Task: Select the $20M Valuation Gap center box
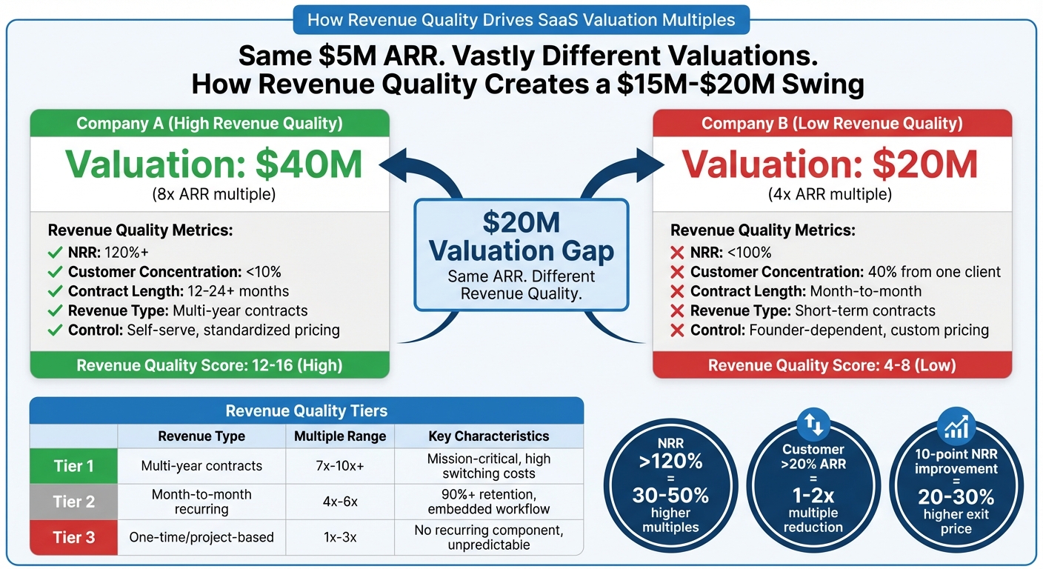(x=521, y=254)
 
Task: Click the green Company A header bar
(x=210, y=123)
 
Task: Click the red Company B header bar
(x=832, y=123)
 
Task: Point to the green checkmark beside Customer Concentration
(x=55, y=272)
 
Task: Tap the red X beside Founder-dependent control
(x=676, y=330)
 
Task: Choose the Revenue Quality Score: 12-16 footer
(x=210, y=365)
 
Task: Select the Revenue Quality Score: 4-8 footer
(x=832, y=365)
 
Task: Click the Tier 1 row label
(x=73, y=466)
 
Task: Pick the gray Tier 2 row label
(x=73, y=502)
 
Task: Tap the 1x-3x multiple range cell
(x=340, y=537)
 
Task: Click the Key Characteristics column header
(x=489, y=436)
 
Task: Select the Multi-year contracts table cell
(x=201, y=466)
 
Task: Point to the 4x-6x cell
(x=340, y=502)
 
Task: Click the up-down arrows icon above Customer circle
(x=813, y=424)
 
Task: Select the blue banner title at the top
(x=521, y=19)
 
